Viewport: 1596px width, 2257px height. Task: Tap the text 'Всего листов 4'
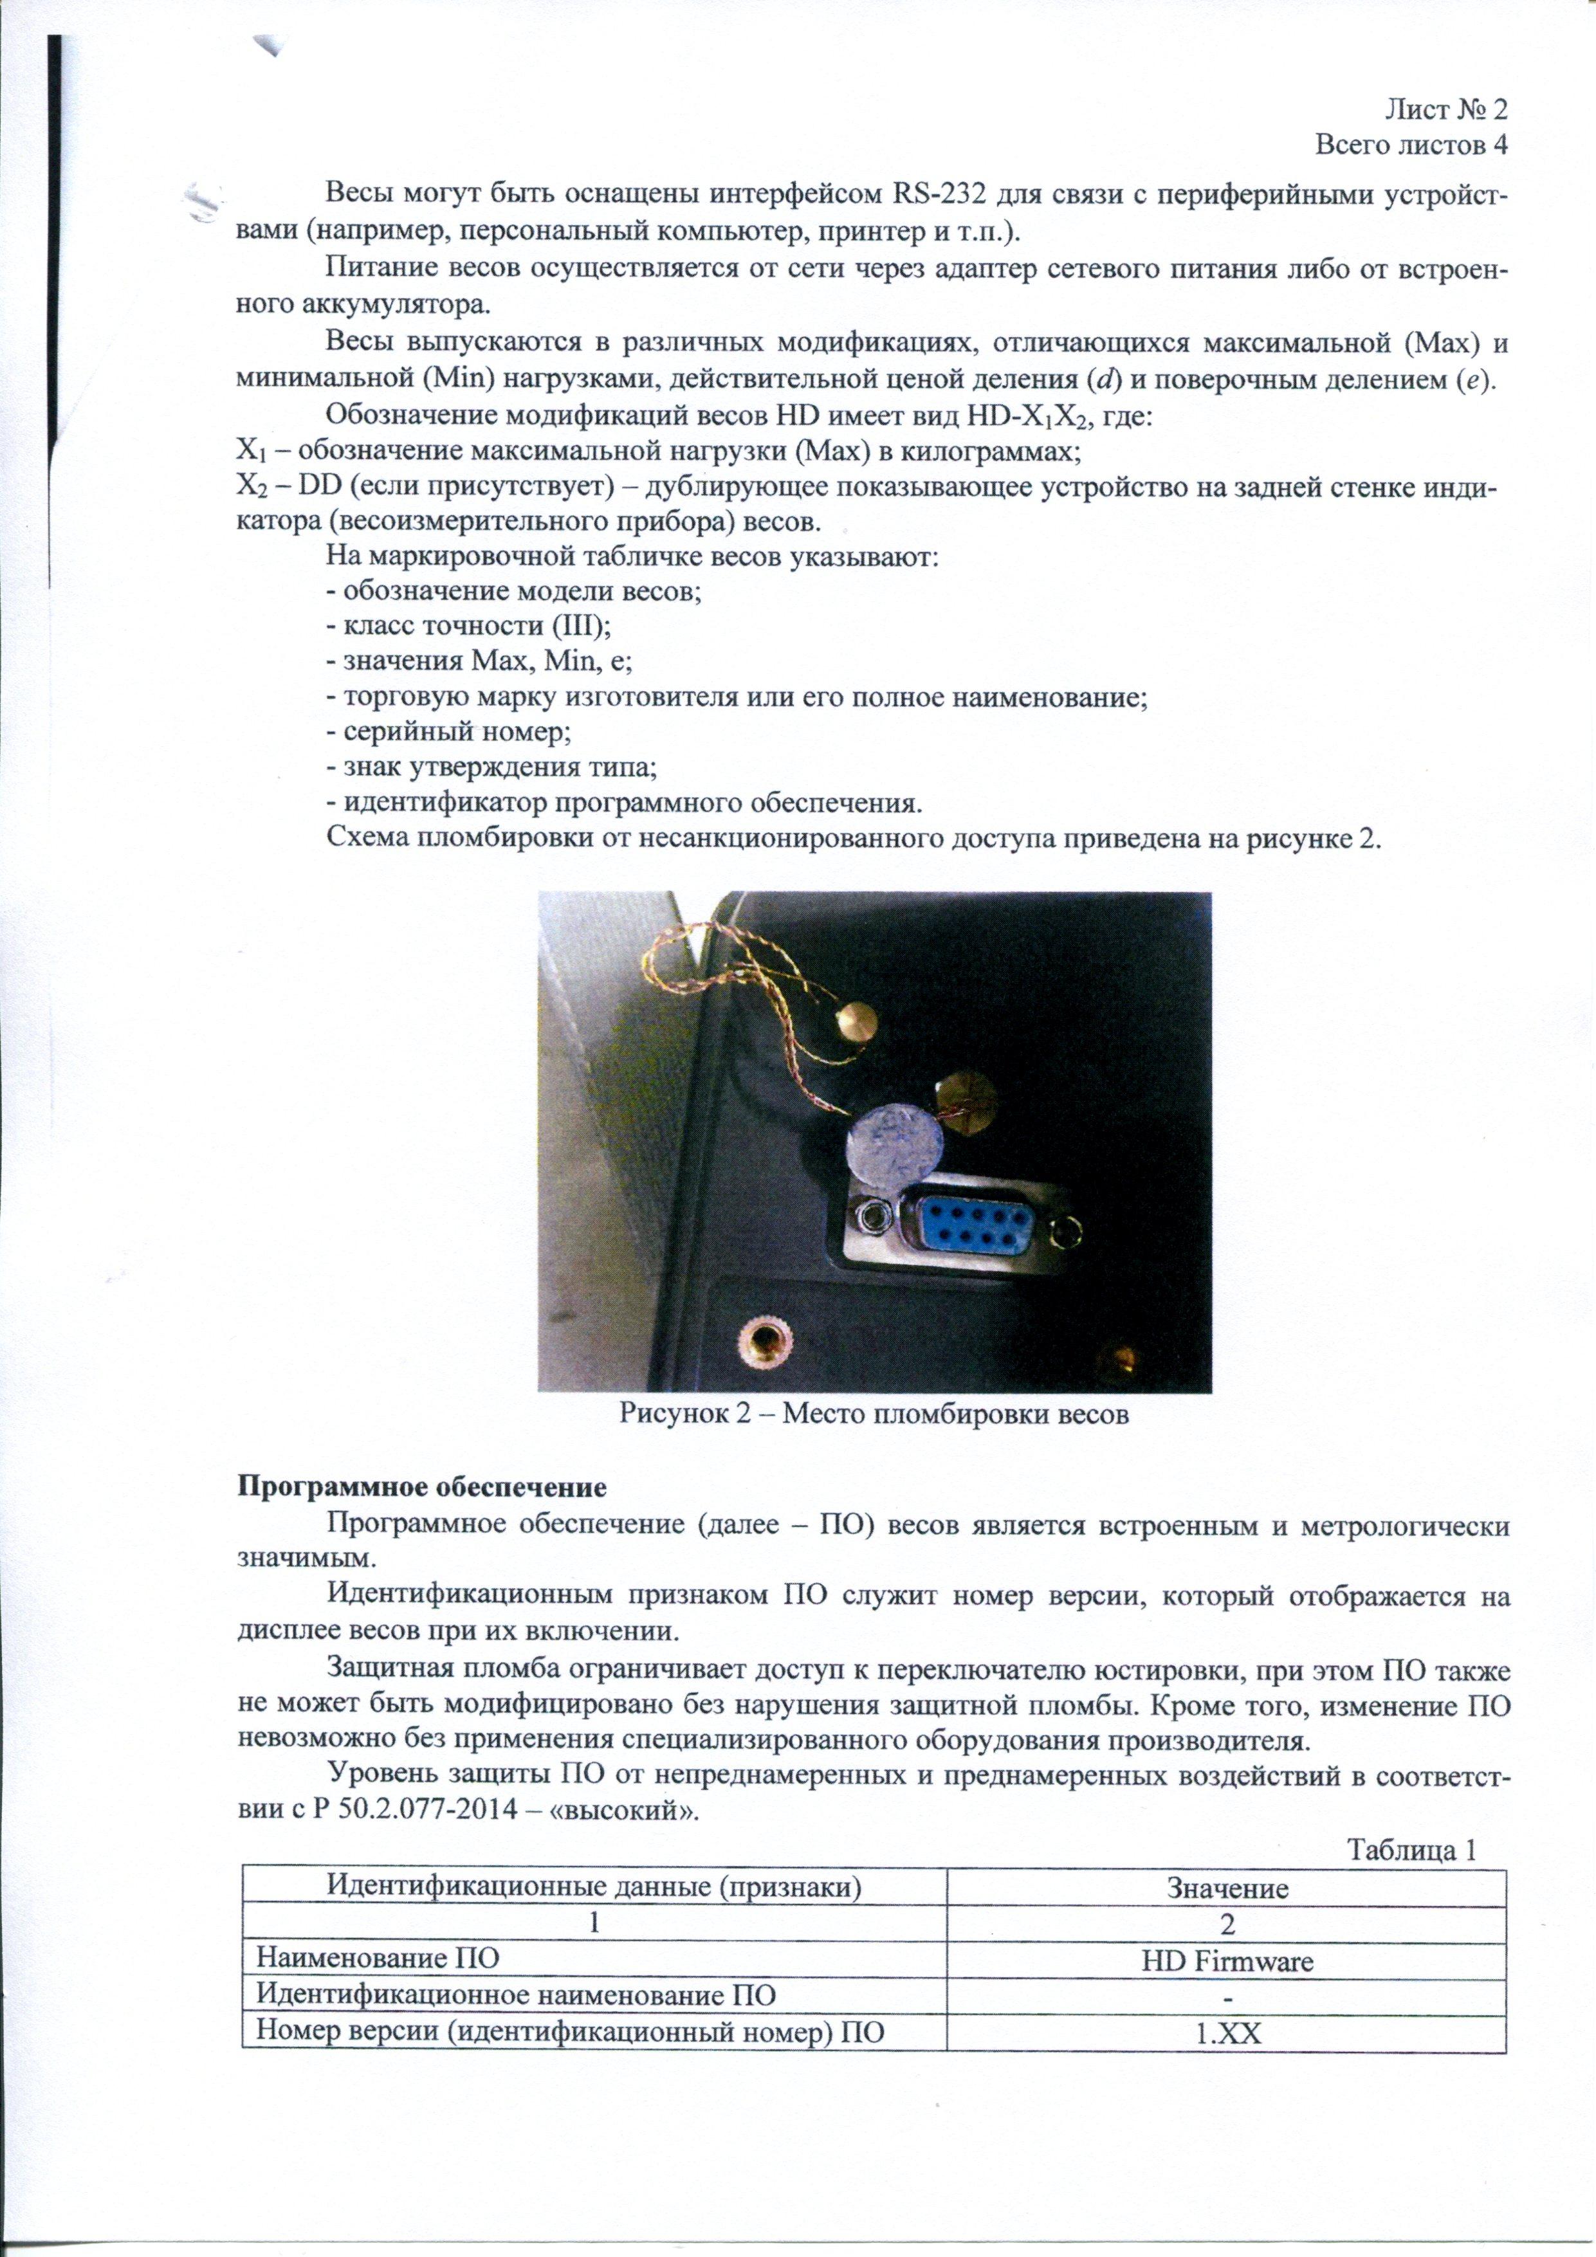(x=1411, y=145)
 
